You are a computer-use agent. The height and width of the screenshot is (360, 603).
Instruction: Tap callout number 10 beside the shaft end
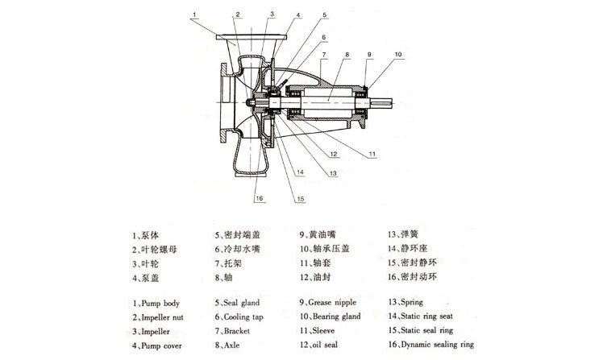[397, 54]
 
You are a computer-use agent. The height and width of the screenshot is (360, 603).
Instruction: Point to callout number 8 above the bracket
[345, 54]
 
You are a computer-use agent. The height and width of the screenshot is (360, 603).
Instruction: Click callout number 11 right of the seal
[372, 152]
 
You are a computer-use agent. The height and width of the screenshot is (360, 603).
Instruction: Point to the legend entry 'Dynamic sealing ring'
[433, 345]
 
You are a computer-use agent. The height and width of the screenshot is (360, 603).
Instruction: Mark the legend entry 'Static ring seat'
[427, 317]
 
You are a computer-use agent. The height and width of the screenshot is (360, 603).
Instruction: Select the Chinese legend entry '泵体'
[148, 235]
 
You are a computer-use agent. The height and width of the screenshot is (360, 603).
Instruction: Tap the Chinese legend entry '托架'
[231, 263]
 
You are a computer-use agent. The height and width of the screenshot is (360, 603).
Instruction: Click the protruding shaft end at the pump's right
[388, 102]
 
